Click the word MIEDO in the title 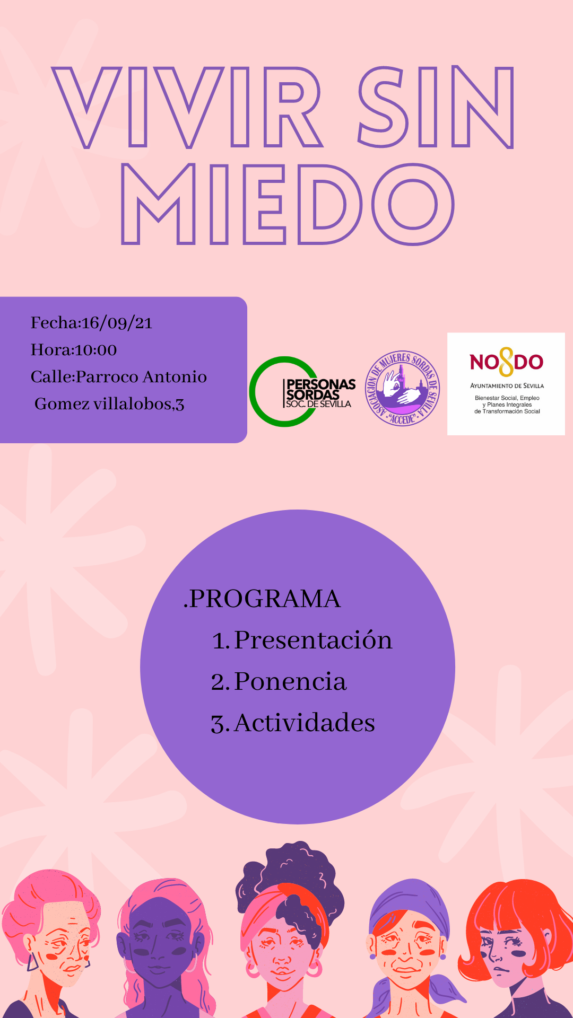click(288, 204)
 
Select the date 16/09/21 click(117, 323)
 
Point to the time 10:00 click(95, 350)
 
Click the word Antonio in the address click(175, 376)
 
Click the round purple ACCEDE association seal click(402, 389)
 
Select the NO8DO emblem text click(506, 362)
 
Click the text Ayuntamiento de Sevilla click(507, 386)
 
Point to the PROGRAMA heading click(262, 599)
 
